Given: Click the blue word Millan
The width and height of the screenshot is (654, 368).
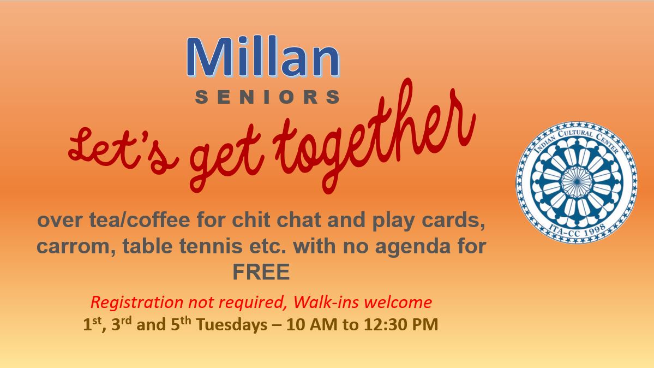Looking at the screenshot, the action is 263,57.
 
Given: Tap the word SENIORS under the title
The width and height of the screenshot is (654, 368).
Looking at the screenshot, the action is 267,97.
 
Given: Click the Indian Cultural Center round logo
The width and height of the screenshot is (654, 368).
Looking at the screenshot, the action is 577,182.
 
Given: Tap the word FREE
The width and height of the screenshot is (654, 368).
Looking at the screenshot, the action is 261,272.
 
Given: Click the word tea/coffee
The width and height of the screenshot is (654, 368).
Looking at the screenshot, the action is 140,219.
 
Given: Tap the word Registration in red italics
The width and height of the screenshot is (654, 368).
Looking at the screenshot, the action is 137,302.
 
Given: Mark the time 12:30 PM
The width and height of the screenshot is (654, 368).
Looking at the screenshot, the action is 401,324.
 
